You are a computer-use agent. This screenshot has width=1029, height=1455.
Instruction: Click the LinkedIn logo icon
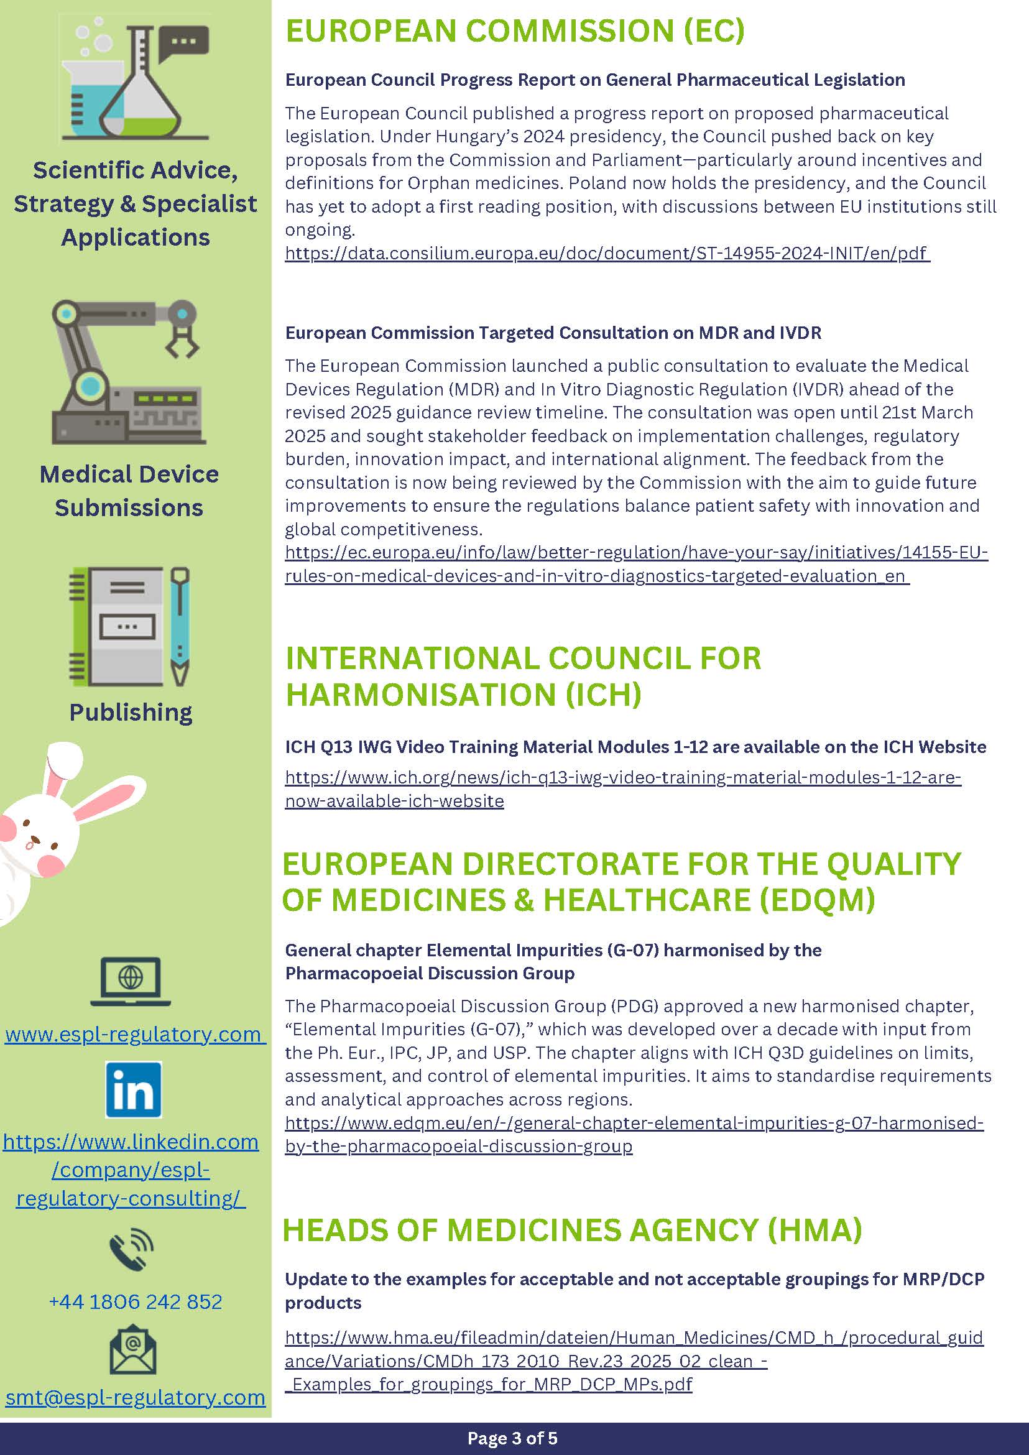133,1089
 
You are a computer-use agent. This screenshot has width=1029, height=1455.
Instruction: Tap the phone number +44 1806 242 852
135,1301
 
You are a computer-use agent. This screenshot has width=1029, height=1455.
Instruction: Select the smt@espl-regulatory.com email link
135,1397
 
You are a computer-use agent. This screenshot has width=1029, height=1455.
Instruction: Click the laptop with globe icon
131,981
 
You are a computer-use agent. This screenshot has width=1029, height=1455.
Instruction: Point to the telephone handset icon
131,1250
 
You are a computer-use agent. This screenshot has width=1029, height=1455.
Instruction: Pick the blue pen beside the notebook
180,625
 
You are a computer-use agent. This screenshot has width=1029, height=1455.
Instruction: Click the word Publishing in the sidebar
131,712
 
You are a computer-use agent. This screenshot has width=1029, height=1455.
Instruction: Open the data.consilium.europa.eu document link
606,253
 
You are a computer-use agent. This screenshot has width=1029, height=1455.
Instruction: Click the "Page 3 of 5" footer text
512,1438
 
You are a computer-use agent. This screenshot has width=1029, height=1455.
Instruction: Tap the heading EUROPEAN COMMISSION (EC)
515,30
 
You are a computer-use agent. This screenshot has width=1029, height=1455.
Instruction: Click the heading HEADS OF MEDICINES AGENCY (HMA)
571,1230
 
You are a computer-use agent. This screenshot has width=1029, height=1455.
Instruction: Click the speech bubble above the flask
184,43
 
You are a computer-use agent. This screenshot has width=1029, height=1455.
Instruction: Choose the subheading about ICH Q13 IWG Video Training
635,747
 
